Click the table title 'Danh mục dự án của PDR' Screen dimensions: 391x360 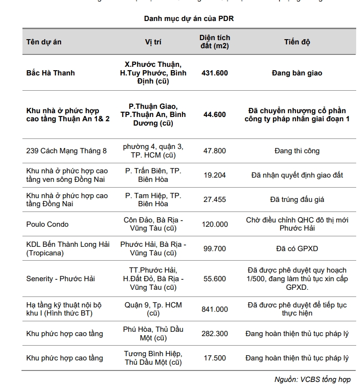click(189, 19)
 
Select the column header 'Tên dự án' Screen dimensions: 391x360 click(44, 42)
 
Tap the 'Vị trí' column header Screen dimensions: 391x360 click(153, 42)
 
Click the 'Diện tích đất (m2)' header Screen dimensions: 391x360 click(214, 42)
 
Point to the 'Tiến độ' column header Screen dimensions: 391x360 click(297, 42)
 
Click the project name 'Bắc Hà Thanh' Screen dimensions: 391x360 click(50, 73)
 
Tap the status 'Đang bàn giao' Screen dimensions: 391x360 click(297, 73)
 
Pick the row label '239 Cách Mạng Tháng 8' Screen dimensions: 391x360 click(66, 151)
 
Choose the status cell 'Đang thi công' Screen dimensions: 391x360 click(297, 151)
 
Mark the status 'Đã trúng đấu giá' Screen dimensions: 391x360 click(297, 200)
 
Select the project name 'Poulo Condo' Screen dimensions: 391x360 click(47, 224)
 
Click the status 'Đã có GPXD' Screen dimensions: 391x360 click(297, 249)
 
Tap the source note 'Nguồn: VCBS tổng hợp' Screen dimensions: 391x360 click(312, 380)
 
